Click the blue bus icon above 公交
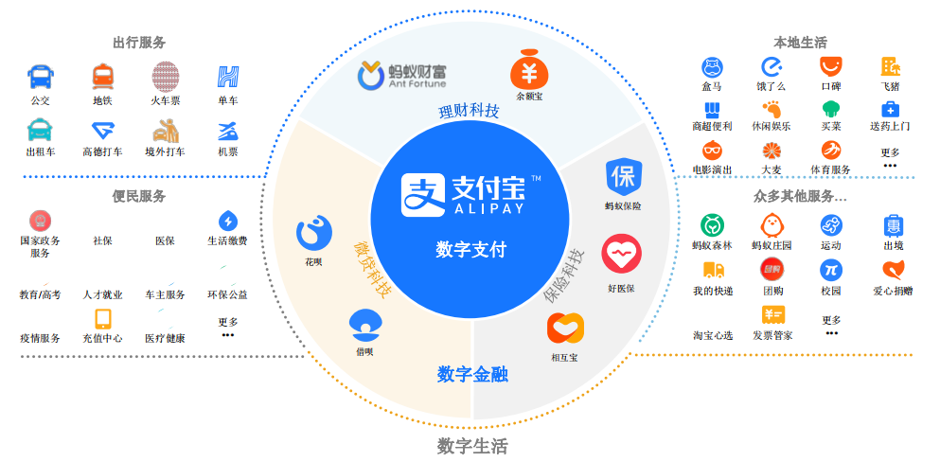41,77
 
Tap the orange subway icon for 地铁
102,78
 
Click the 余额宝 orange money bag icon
529,70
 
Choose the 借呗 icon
365,326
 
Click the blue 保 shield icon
624,177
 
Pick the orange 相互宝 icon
565,329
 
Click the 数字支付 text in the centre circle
470,249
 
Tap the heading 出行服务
139,43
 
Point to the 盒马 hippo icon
712,66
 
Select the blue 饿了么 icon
771,66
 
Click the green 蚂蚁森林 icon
712,225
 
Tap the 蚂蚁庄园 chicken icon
772,225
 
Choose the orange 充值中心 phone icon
103,319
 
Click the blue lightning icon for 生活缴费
228,221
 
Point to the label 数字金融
473,375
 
